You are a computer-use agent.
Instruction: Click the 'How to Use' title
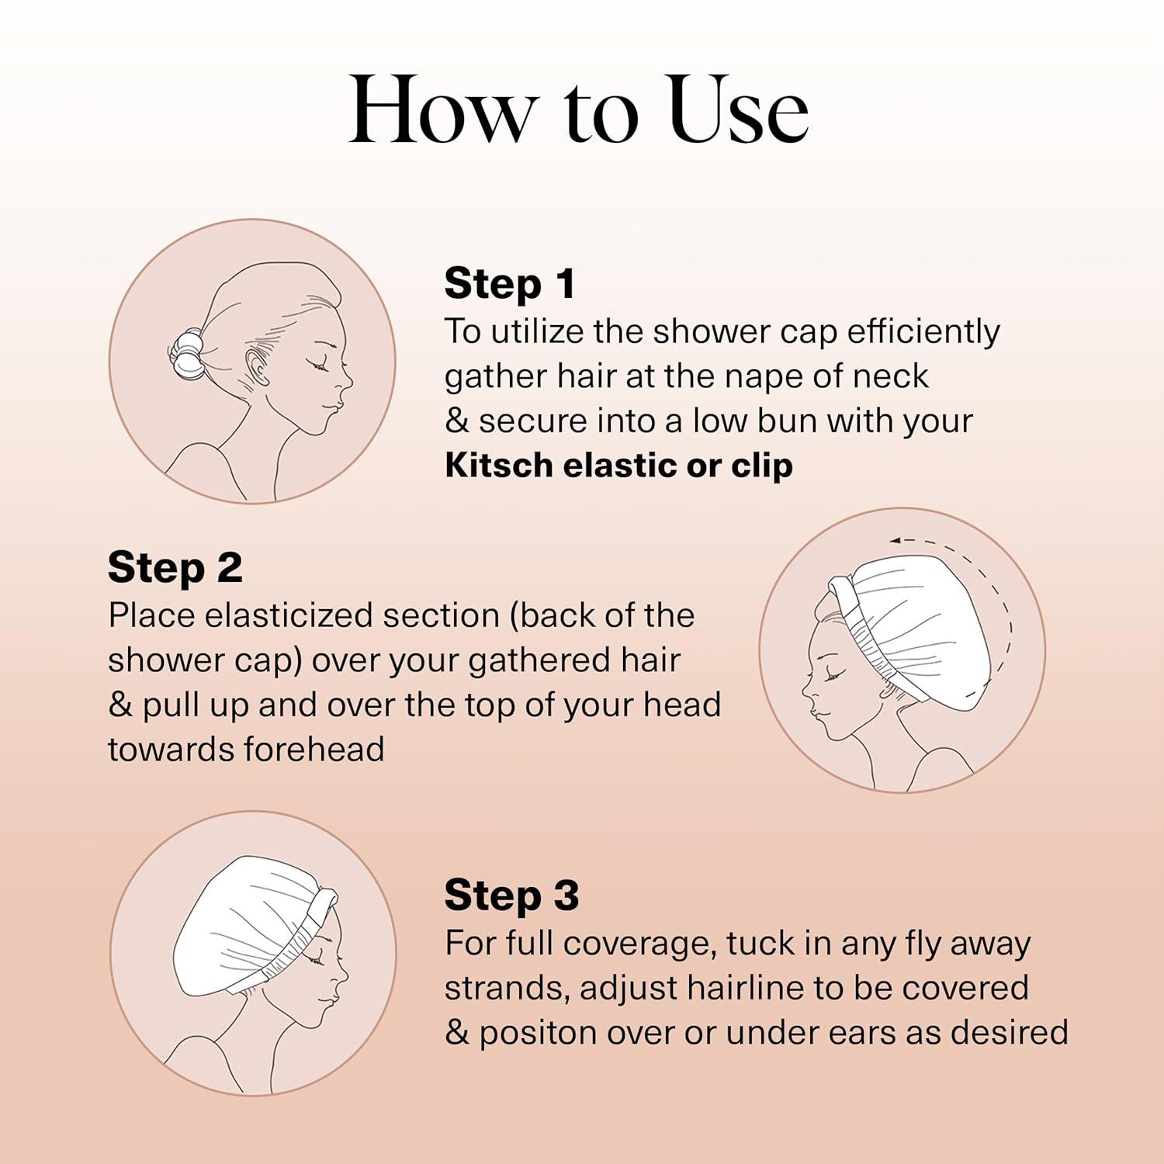coord(579,111)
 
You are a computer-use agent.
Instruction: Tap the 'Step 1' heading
coord(510,283)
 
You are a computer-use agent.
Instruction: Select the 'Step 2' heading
coord(175,567)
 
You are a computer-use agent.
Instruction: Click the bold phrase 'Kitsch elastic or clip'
coord(618,466)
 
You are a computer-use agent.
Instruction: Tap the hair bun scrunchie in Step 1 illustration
coord(186,353)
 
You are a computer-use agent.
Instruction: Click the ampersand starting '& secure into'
coord(456,421)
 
